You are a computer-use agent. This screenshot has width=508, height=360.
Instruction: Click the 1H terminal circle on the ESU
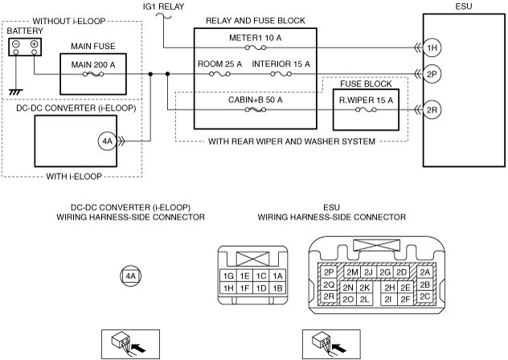coord(432,47)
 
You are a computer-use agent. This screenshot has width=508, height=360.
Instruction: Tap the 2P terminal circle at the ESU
coord(432,74)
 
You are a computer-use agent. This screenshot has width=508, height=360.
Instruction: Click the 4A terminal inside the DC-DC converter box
coord(109,142)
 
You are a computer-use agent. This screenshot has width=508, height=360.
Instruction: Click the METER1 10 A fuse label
coord(255,37)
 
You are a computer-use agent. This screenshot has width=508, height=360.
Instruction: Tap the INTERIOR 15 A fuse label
coord(281,63)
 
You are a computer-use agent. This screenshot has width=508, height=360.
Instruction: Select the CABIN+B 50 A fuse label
coord(255,99)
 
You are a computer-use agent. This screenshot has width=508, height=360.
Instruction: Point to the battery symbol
coord(24,47)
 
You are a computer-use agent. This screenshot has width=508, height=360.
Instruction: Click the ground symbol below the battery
coord(13,92)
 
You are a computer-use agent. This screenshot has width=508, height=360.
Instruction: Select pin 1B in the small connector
coord(277,288)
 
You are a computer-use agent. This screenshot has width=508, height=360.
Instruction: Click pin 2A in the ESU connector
coord(425,272)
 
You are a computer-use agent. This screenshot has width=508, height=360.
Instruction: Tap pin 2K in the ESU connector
coord(365,287)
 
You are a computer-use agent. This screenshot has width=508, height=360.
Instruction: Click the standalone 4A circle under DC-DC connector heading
coord(130,276)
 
